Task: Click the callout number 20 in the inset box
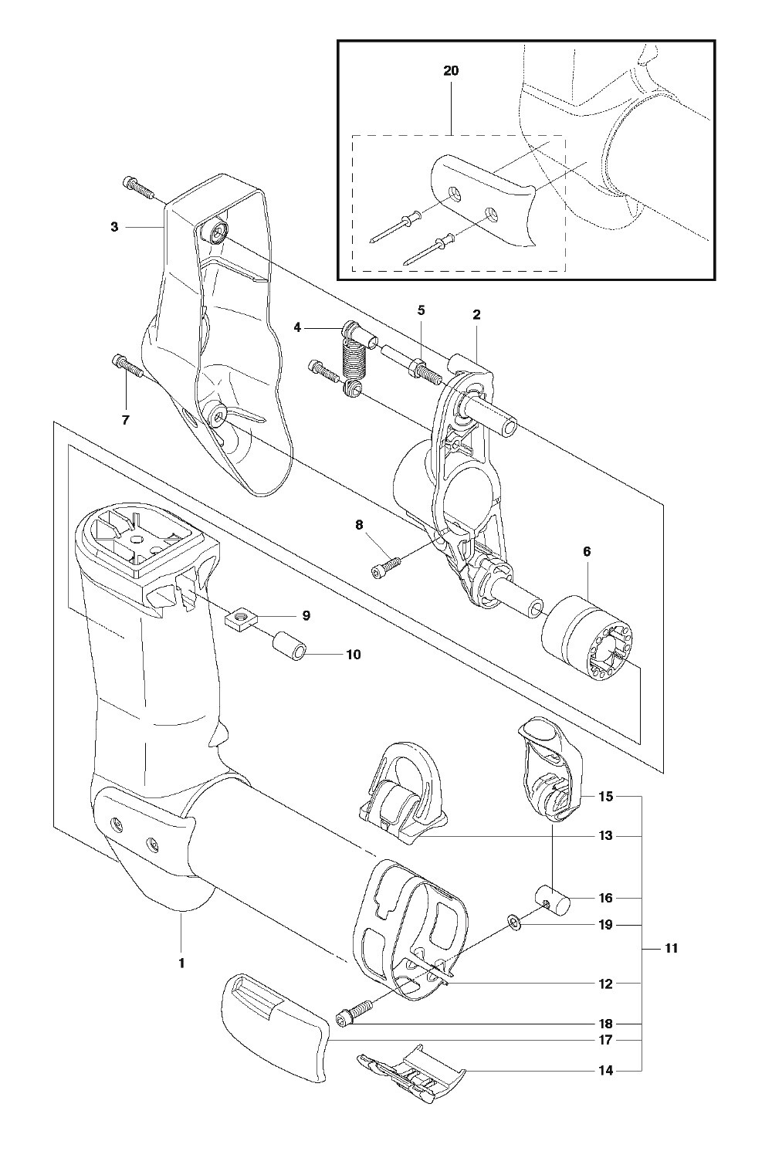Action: [x=451, y=71]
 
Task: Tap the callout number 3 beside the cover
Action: [x=114, y=227]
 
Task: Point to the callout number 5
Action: [x=421, y=310]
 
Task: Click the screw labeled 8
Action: [x=386, y=565]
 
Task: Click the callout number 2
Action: [x=476, y=313]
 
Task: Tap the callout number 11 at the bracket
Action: [x=670, y=949]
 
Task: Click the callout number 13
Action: [x=605, y=836]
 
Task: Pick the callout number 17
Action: [x=605, y=1039]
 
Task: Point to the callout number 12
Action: [x=605, y=984]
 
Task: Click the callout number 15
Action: [x=605, y=797]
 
